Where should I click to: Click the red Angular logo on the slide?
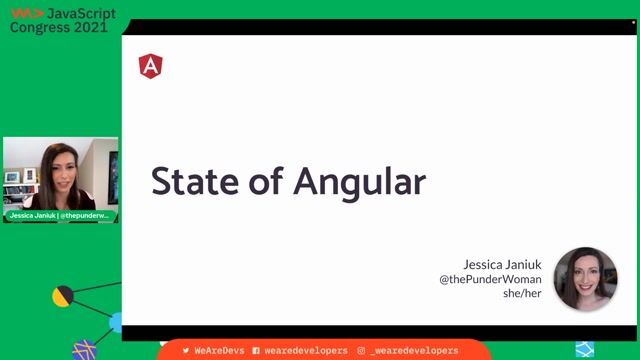(x=150, y=67)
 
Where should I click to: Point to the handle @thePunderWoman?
(x=490, y=279)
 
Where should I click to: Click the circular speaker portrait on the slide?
(x=585, y=278)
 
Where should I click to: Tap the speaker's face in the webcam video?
(x=57, y=163)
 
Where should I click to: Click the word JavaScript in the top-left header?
(x=82, y=13)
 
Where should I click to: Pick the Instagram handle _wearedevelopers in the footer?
(x=413, y=351)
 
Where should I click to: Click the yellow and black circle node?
(x=64, y=296)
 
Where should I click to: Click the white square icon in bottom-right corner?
(x=582, y=349)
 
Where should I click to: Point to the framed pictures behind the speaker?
(x=21, y=176)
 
